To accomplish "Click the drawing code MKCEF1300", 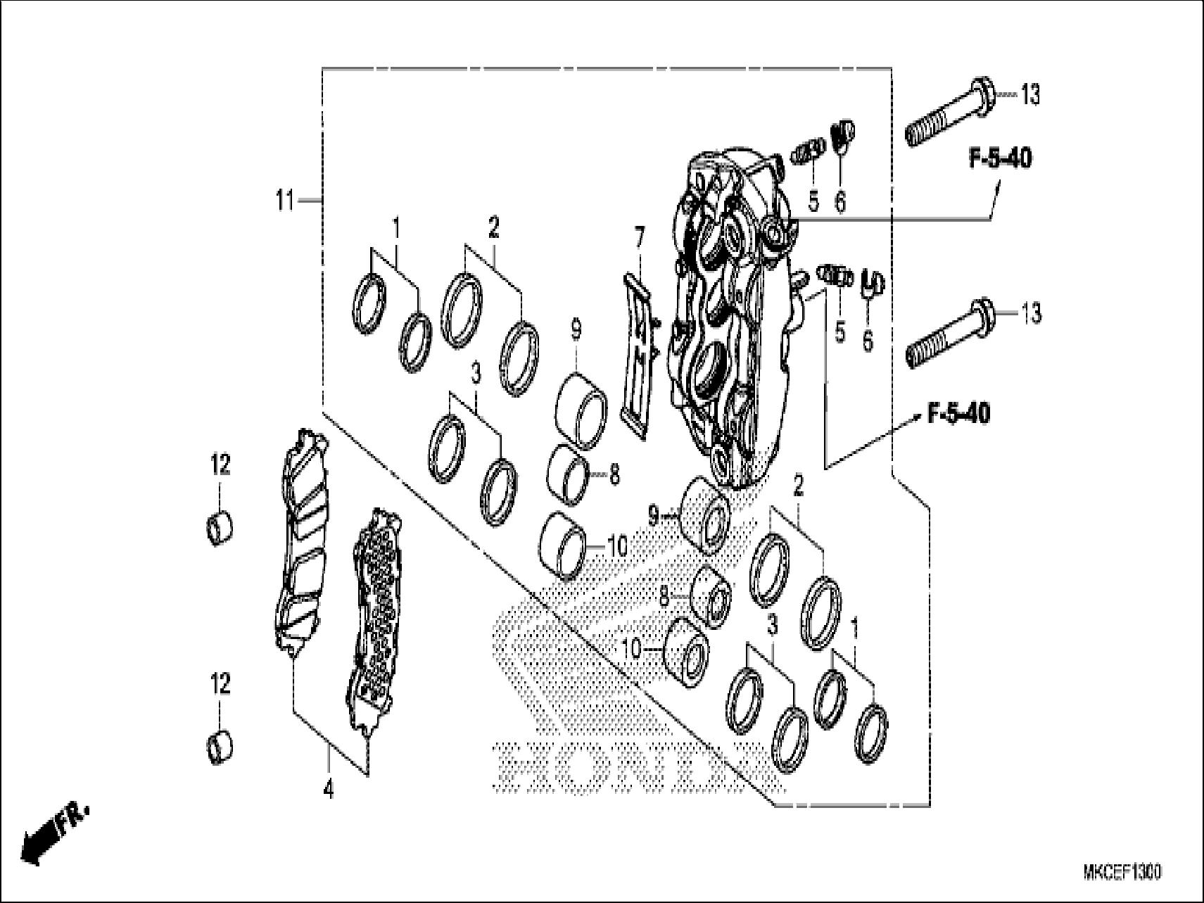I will coord(1122,873).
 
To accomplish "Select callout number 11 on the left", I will coord(284,201).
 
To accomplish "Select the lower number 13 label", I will coord(1031,314).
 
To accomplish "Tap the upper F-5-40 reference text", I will coord(1001,159).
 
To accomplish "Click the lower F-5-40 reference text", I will coord(958,414).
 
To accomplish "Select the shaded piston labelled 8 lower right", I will coord(711,596).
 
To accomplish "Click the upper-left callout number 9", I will coord(576,329).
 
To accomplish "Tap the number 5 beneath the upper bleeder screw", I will coord(813,202).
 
